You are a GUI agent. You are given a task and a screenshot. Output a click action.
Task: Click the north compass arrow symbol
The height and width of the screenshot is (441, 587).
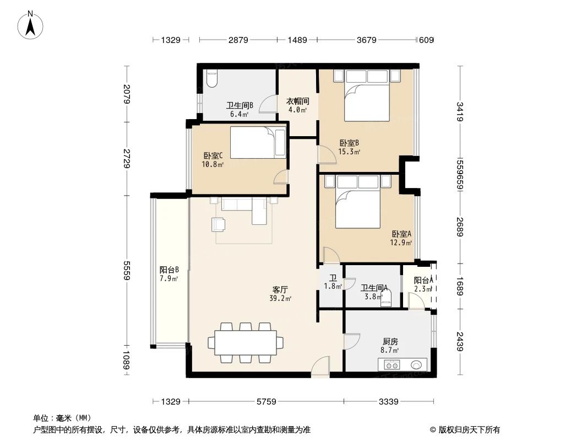31,25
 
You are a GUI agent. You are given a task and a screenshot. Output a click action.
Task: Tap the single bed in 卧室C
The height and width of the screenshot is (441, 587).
258,143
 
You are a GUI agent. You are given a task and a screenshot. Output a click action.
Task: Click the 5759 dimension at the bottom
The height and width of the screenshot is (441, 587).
266,402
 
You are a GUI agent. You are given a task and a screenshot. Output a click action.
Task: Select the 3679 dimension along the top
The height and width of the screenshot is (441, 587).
366,40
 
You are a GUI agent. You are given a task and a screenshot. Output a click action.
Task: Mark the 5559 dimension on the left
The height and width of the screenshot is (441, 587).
127,270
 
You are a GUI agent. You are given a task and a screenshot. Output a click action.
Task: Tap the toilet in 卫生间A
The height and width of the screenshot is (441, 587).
388,298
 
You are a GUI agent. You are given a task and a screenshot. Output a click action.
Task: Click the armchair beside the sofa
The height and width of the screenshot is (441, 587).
219,224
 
